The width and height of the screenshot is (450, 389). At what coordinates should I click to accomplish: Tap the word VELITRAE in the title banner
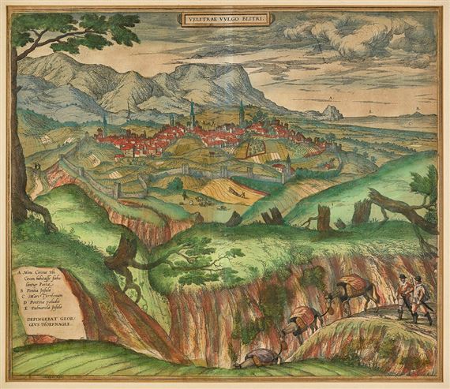tap(203, 17)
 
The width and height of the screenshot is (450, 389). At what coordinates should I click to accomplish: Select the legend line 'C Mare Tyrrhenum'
tap(48, 295)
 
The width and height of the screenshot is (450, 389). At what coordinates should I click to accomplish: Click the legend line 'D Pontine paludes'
tap(50, 302)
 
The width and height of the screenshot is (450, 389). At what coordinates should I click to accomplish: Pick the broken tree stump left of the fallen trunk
tap(323, 218)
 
